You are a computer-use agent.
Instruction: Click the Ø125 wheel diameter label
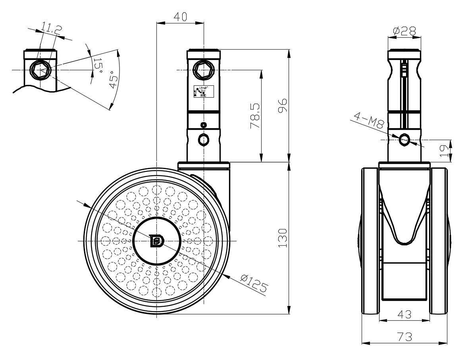pos(253,281)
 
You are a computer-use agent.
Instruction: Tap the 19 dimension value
pos(444,150)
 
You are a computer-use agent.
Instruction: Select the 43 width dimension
pos(404,314)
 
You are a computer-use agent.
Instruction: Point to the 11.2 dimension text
pos(51,29)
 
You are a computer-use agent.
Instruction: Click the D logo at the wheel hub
pos(157,241)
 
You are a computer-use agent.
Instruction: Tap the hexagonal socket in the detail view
pos(40,70)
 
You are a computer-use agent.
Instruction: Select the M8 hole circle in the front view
pos(405,140)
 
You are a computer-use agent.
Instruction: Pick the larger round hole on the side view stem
pos(204,139)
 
